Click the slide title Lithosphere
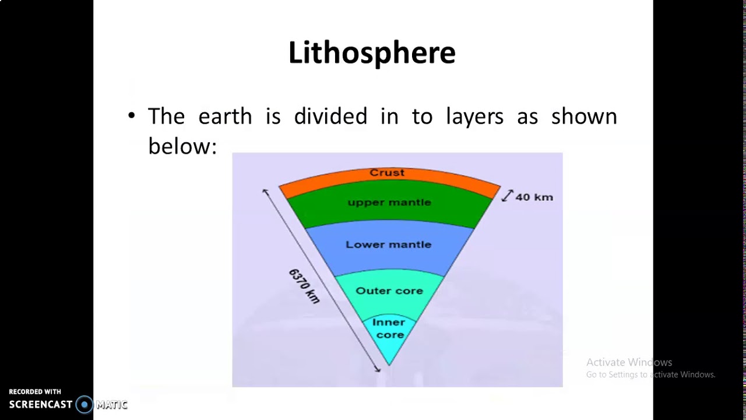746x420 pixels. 372,52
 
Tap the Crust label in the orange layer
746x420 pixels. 387,173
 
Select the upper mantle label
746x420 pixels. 389,202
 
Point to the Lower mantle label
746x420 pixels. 389,244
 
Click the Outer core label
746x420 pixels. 389,290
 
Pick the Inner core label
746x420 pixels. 389,328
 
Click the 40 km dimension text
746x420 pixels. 534,197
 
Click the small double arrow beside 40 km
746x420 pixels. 507,196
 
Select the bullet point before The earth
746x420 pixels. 131,116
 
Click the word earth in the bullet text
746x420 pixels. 225,116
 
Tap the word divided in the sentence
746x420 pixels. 330,116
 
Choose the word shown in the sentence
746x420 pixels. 584,116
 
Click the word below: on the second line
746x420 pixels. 182,146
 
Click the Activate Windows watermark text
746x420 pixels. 629,362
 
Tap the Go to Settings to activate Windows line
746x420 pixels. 650,374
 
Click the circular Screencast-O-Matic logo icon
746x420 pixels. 85,404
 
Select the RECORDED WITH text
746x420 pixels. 35,391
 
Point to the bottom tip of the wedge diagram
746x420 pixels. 389,365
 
